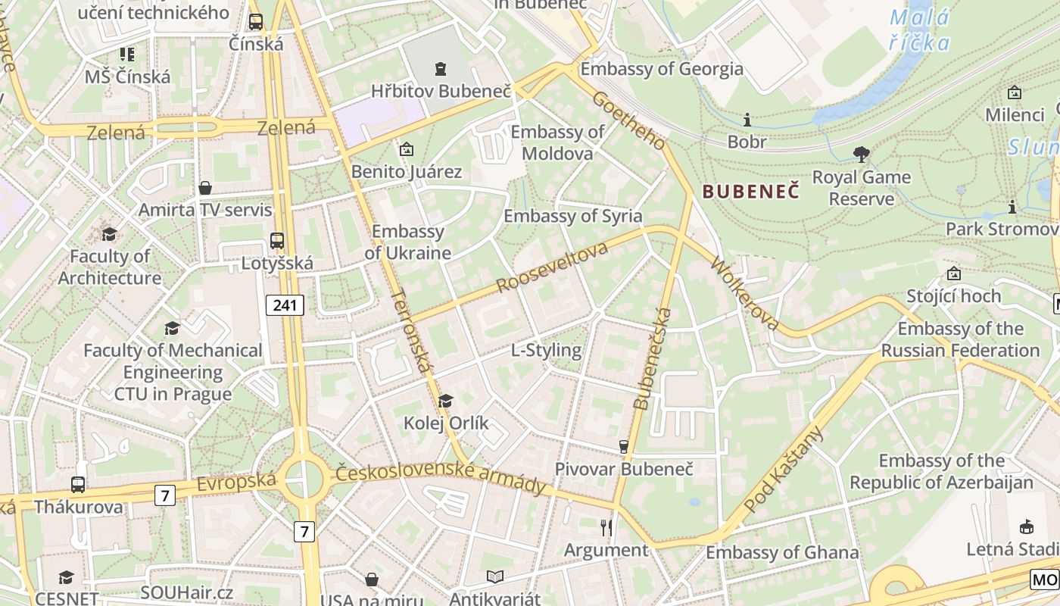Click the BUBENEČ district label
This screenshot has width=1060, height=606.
[750, 190]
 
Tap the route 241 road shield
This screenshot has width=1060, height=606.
[285, 305]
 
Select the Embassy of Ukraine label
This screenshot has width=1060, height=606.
[407, 242]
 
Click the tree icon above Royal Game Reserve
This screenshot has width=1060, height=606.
[861, 155]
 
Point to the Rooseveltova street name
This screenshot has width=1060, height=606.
[553, 268]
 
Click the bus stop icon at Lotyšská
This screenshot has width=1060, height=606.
[277, 241]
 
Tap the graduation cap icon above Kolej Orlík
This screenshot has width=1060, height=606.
[446, 401]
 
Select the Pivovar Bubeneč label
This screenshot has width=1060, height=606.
[624, 469]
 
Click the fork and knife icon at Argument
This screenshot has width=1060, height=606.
[606, 526]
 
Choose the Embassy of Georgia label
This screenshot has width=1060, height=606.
[662, 69]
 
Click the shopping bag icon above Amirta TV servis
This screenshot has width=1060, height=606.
[204, 187]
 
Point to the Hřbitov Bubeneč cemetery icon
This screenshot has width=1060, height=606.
[440, 69]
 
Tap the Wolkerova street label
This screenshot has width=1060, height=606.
[744, 294]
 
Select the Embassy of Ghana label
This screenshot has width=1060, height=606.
[782, 552]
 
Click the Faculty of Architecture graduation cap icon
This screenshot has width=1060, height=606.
[110, 233]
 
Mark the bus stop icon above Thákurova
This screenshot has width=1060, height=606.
[77, 484]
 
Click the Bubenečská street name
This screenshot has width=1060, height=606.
[652, 359]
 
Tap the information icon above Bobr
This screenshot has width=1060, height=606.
[747, 120]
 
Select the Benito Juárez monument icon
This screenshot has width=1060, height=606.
[407, 149]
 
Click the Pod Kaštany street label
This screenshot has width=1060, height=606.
[784, 470]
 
